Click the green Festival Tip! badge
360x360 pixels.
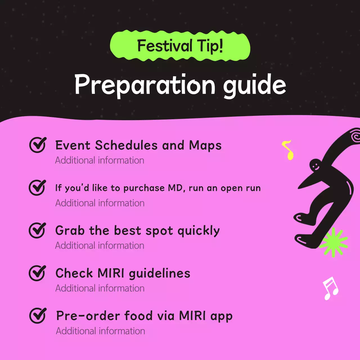pos(180,46)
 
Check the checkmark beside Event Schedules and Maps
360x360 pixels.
pos(37,145)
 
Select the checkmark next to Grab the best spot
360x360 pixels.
pos(37,230)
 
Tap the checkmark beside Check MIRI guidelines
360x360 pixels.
pos(37,273)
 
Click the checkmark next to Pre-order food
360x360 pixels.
pos(37,316)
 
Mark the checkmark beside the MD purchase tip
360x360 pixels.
pos(37,188)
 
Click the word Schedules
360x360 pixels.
pos(126,145)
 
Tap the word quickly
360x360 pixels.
pos(199,231)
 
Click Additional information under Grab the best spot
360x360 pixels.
pos(100,246)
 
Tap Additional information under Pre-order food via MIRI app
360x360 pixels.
pos(100,331)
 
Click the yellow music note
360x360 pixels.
pos(288,150)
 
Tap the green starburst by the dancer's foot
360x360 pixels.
pos(334,242)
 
